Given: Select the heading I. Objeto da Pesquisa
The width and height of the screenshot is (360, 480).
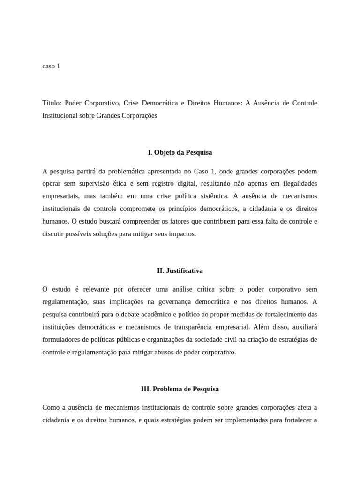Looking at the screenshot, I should tap(180, 152).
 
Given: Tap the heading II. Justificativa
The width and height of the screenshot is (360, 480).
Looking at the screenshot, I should tap(180, 270).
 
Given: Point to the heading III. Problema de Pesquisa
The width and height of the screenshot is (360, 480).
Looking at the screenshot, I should tap(180, 389).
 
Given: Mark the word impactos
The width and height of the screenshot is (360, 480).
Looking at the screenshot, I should tap(181, 233).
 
